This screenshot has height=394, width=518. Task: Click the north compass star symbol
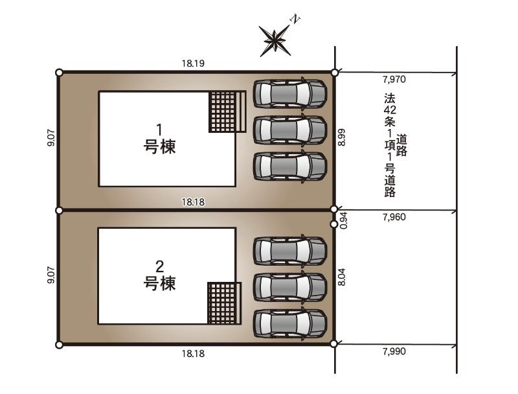point(274,40)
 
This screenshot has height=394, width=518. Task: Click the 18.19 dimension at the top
point(193,63)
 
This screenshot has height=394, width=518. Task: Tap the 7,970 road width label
point(394,79)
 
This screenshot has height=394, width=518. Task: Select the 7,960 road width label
point(394,217)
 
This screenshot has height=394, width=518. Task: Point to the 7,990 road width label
point(394,351)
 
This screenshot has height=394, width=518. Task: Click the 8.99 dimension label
point(342,137)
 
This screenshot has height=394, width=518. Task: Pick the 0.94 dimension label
point(344,220)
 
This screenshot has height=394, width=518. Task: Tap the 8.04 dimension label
point(342,277)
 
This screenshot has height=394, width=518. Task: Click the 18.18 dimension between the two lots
point(193,202)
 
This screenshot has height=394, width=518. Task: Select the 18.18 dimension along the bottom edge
point(193,354)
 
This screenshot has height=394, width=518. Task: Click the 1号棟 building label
point(159,139)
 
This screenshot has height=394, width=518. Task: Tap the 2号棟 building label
point(159,275)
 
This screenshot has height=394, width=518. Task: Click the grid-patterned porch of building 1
point(228,111)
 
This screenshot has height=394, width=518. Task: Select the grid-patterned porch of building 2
point(224,303)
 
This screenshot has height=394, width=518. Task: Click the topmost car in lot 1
point(289,93)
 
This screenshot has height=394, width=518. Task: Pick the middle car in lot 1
point(289,130)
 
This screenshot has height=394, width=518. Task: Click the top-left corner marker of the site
point(59,73)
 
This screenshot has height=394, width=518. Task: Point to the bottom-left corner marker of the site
point(59,345)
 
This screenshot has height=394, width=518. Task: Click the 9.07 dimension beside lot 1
point(51,138)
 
